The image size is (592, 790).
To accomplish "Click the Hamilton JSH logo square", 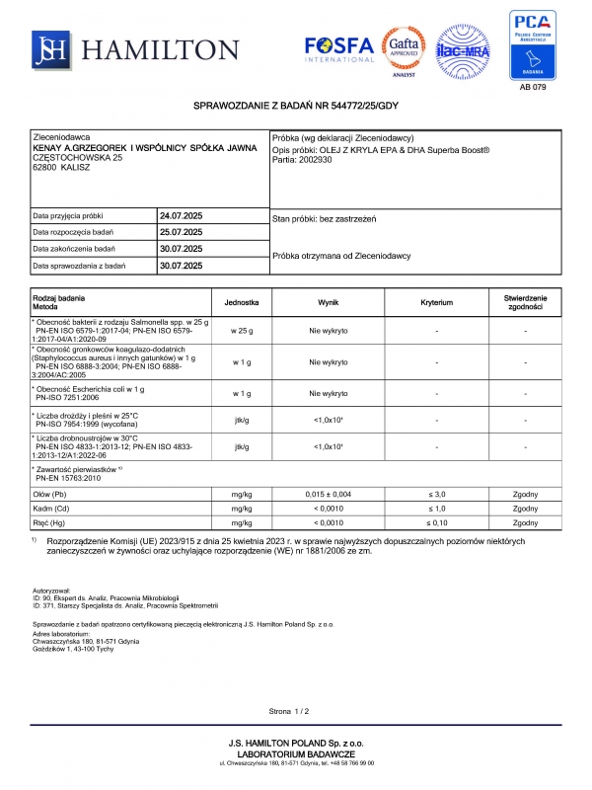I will click(x=49, y=48).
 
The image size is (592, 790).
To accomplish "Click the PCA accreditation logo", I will click(x=532, y=43).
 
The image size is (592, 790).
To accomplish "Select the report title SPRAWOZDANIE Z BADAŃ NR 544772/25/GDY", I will click(x=296, y=105).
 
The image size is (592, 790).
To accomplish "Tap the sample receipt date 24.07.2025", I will click(x=181, y=214).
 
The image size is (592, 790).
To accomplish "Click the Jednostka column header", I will click(x=242, y=301).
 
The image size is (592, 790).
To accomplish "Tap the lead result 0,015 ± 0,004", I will click(x=329, y=493).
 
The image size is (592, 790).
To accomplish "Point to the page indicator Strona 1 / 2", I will click(x=289, y=711).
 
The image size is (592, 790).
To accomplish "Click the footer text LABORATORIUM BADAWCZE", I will click(x=296, y=753).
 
